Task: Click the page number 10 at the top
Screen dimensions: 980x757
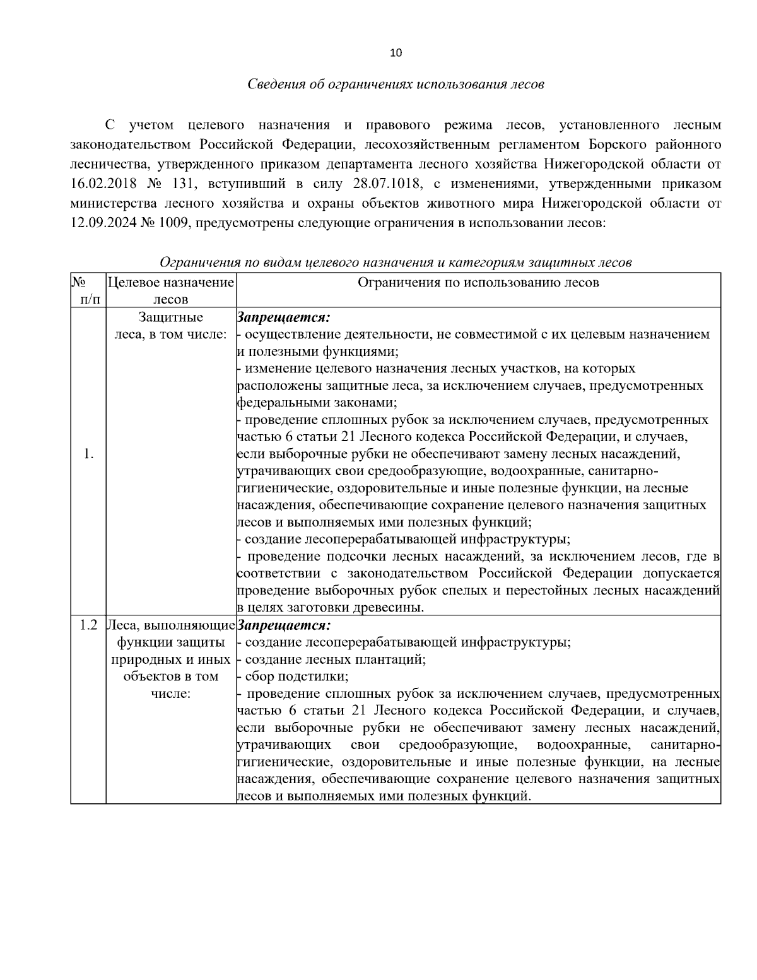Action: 396,53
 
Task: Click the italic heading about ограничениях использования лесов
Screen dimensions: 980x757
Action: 396,84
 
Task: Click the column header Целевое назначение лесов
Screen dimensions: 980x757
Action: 171,290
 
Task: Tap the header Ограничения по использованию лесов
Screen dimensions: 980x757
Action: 478,283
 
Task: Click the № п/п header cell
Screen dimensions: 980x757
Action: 88,290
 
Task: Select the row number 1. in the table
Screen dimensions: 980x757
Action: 88,454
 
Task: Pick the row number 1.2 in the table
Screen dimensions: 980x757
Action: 88,625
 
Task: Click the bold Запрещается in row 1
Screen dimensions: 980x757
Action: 285,317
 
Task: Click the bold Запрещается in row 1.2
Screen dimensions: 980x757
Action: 285,625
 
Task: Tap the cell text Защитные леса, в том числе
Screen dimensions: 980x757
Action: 171,325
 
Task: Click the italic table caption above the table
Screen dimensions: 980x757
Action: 396,262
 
